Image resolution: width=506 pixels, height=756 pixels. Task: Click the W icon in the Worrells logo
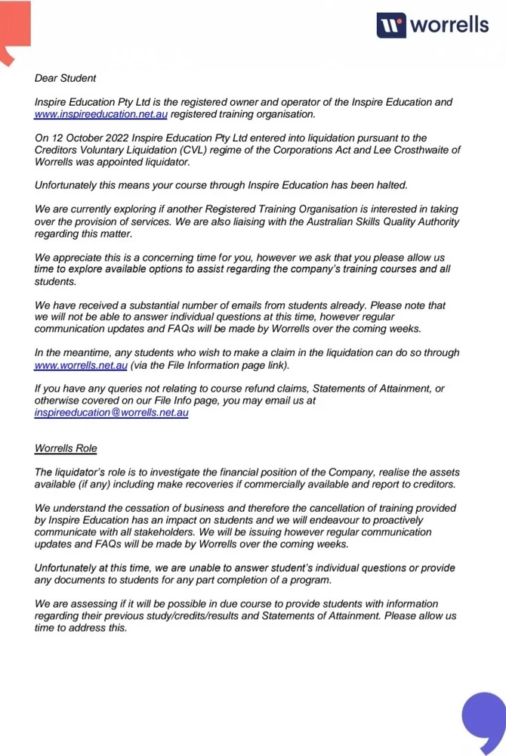click(391, 25)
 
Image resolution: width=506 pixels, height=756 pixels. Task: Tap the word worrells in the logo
click(449, 25)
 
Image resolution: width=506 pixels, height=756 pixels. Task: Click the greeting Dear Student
click(65, 78)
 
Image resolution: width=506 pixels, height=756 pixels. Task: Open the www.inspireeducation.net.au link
click(100, 114)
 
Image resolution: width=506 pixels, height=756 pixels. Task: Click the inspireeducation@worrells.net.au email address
click(111, 413)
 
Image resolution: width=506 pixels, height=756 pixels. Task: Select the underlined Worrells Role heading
click(66, 448)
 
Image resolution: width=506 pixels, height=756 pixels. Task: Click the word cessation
click(152, 509)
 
